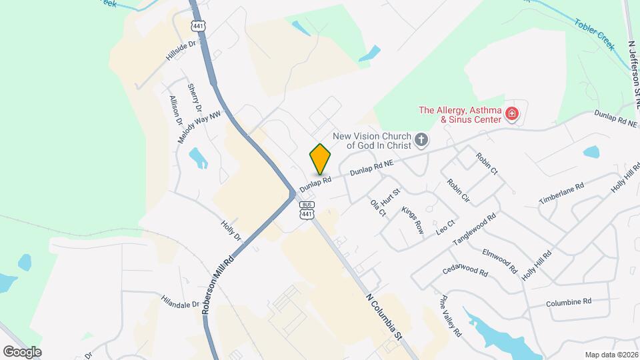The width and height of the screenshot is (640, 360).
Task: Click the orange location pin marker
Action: point(320,159)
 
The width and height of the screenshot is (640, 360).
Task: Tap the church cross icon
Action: point(421,139)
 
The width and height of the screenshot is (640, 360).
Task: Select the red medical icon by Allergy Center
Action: point(512,113)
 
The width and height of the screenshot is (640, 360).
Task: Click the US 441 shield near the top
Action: point(198,25)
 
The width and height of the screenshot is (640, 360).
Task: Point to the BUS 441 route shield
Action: point(307,210)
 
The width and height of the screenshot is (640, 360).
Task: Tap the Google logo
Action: point(22,351)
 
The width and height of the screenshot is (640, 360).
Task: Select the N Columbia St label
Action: point(385,318)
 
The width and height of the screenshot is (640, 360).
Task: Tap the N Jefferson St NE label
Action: point(633,73)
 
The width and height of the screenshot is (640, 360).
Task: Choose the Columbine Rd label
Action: point(569,302)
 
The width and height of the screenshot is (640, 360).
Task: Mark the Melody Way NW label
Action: point(199,127)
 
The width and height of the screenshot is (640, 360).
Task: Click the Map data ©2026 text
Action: point(611,355)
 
